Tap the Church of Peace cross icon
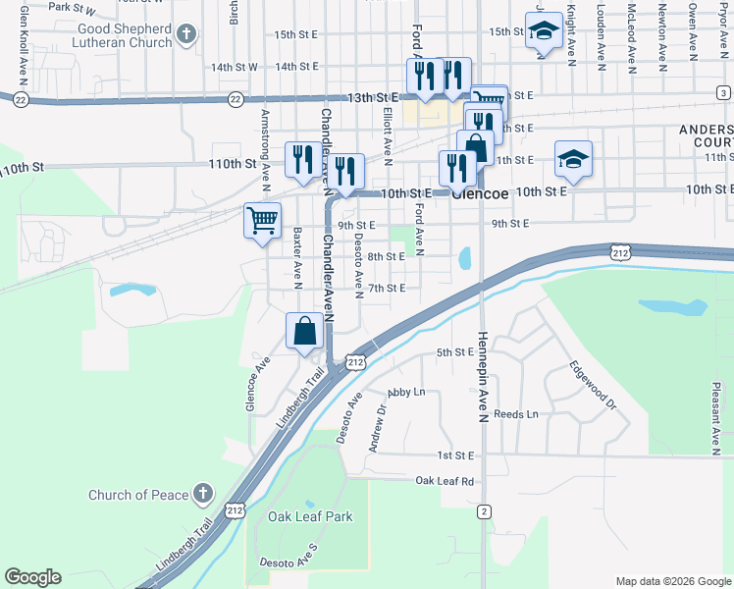click(203, 493)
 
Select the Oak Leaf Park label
click(310, 516)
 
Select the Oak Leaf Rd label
click(445, 481)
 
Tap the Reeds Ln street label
click(516, 414)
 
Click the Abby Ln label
click(406, 392)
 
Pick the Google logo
click(32, 577)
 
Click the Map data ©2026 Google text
click(672, 581)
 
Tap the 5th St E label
click(455, 352)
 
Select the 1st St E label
click(455, 456)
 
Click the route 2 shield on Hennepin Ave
click(484, 511)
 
